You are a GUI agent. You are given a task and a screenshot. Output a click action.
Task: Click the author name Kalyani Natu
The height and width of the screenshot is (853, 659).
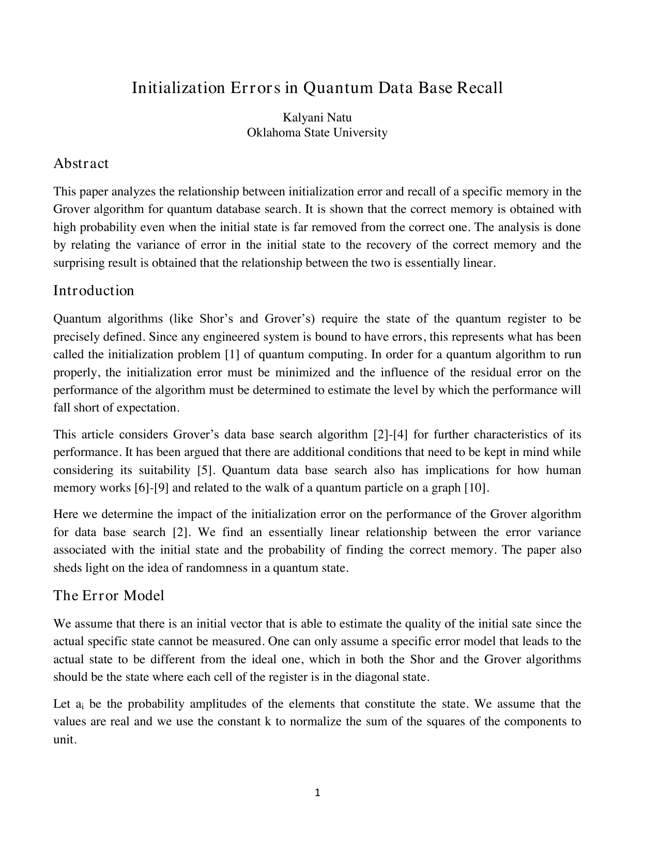[x=317, y=118]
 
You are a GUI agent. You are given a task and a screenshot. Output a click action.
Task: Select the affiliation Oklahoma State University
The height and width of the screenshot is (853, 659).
[x=317, y=133]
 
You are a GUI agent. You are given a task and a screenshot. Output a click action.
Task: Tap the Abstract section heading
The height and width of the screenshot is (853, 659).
[x=81, y=164]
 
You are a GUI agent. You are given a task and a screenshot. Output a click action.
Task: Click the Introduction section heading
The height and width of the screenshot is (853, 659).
[x=94, y=291]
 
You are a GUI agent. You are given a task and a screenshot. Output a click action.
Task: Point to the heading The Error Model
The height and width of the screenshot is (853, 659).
[x=109, y=596]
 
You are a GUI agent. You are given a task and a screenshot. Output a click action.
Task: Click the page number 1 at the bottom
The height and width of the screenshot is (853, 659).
[x=317, y=793]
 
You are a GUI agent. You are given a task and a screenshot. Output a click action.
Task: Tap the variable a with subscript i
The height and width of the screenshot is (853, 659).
[x=80, y=705]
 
